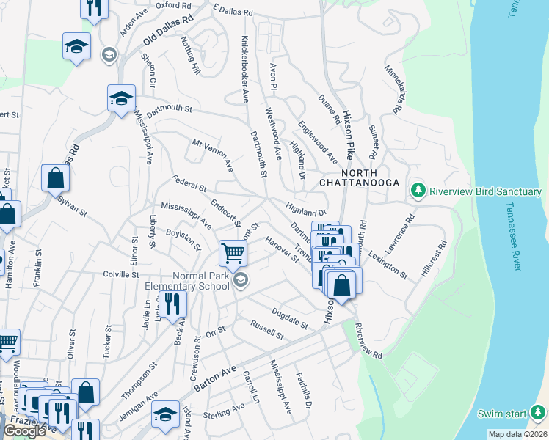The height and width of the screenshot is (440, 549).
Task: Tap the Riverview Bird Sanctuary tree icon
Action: point(418,191)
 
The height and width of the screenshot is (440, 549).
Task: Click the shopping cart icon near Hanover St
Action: point(233,254)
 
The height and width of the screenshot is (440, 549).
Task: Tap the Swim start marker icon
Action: point(539,413)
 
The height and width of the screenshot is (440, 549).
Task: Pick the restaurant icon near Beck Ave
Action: point(173,305)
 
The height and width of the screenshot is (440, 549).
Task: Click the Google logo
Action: point(24,431)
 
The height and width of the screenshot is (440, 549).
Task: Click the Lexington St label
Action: point(389,265)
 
